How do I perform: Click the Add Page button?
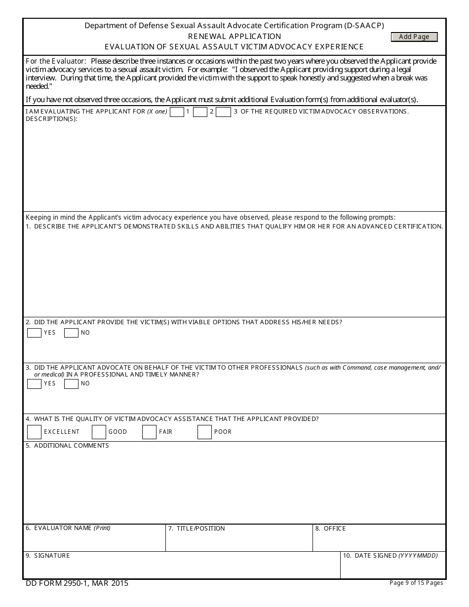coord(414,37)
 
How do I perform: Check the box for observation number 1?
coord(177,112)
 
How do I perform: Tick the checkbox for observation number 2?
coord(200,112)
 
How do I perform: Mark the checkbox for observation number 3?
coord(224,112)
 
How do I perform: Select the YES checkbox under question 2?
coord(34,333)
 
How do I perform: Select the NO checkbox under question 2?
coord(71,333)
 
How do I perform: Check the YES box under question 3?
coord(34,383)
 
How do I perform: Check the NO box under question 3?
coord(71,383)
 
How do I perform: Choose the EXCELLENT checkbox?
coord(34,432)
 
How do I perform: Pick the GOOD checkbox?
coord(99,432)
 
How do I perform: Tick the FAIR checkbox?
coord(149,432)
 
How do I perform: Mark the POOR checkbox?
coord(204,432)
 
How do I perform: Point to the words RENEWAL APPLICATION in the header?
coord(234,37)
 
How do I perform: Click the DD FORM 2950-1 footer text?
coord(77,583)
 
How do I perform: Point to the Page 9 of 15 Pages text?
coord(416,583)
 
